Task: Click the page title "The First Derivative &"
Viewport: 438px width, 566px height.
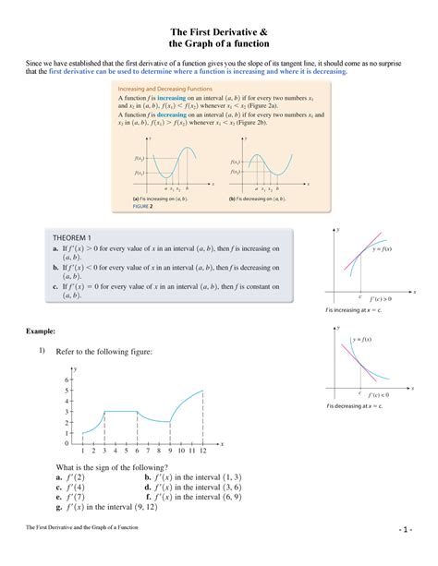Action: click(219, 29)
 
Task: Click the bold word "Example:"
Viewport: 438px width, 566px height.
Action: click(43, 330)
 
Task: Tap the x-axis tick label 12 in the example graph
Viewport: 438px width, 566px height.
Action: click(202, 450)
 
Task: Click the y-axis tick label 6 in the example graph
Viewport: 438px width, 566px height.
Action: click(67, 379)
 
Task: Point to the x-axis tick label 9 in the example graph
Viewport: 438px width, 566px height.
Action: click(169, 450)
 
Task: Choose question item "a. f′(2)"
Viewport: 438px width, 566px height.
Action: click(70, 477)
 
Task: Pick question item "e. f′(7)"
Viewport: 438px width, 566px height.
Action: click(70, 496)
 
